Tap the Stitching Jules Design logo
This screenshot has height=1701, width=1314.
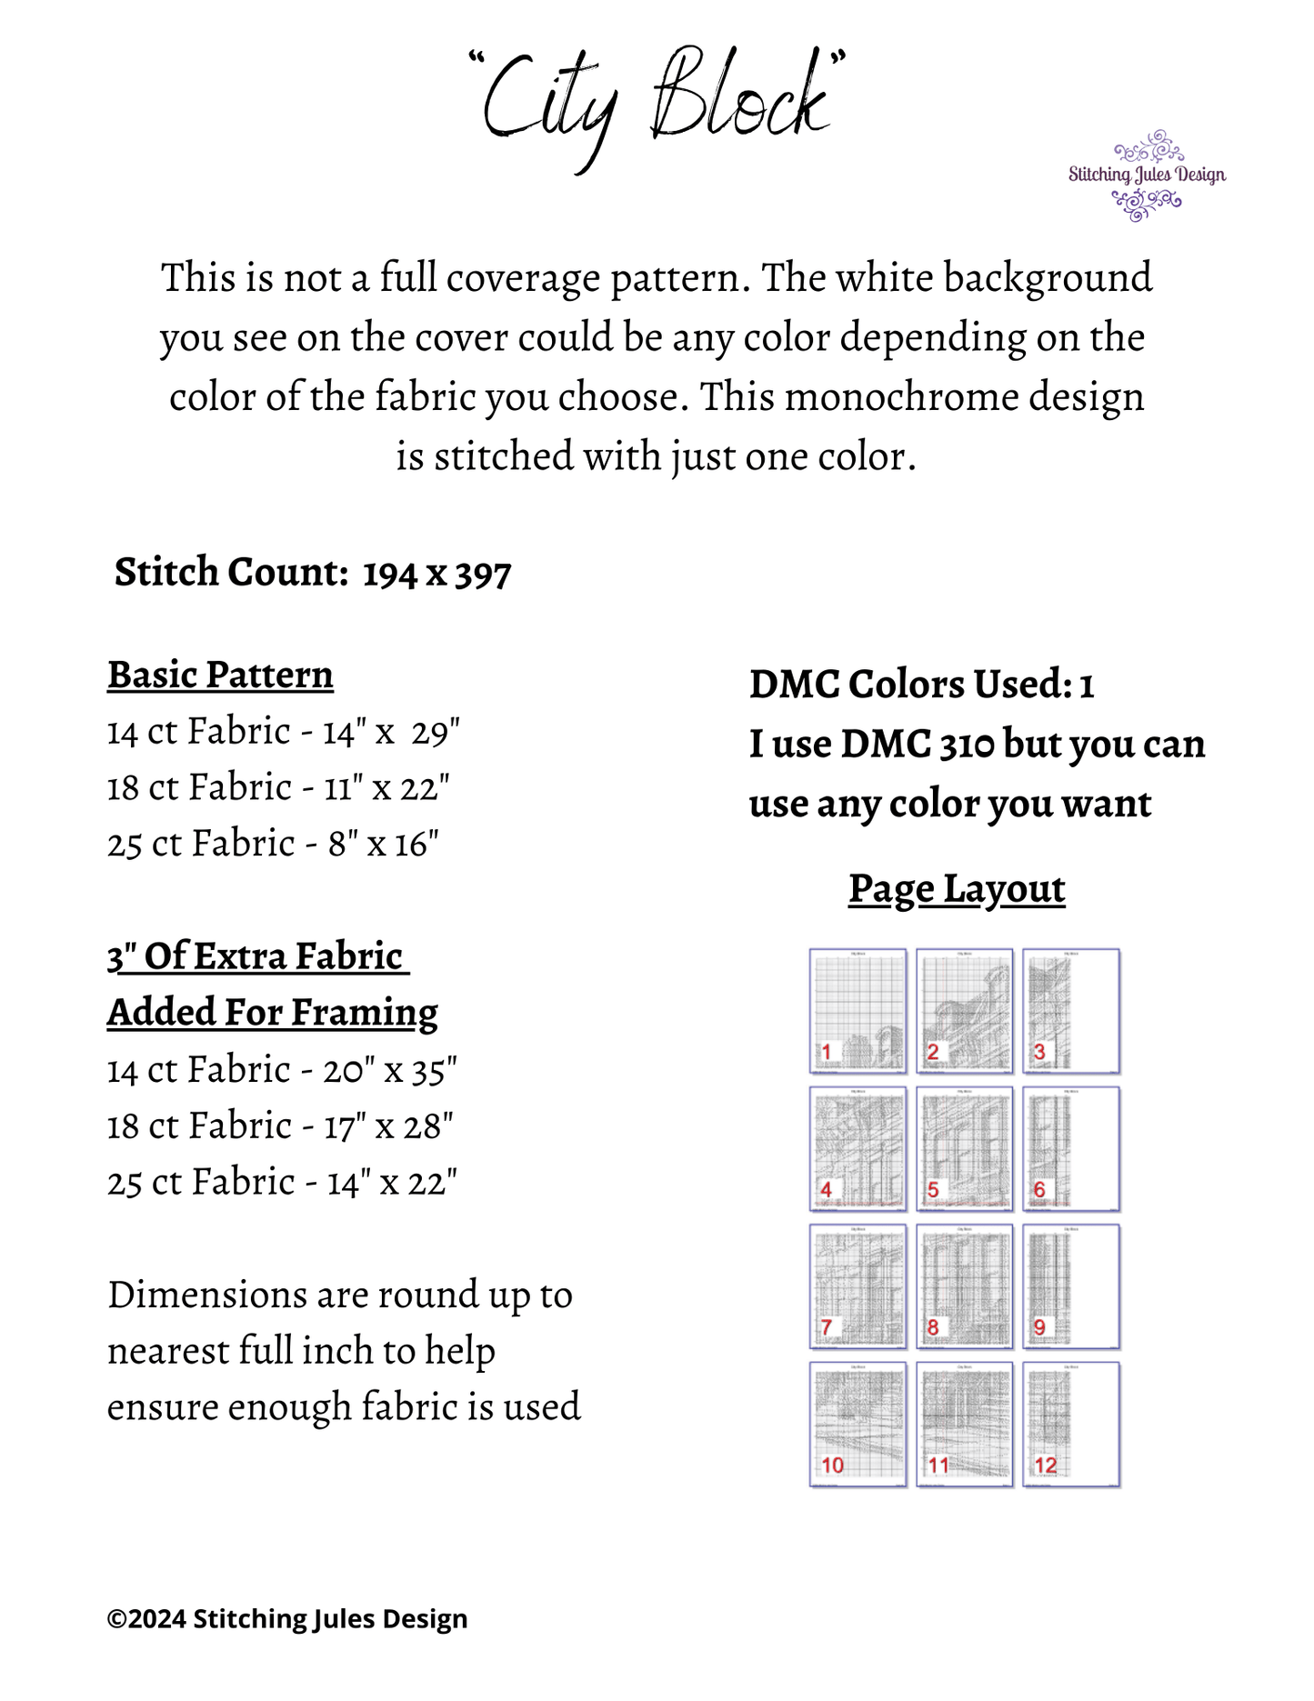[1147, 175]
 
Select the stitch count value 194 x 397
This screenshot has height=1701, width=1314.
[436, 574]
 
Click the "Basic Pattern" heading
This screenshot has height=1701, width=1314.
[220, 675]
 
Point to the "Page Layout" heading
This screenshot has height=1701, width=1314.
[957, 889]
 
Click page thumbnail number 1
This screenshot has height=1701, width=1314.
[858, 1011]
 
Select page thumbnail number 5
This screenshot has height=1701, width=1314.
[964, 1149]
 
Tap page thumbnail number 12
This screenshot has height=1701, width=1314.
[1071, 1425]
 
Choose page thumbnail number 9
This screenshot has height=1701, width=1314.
[1071, 1286]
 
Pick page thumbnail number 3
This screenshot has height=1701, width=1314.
[1071, 1011]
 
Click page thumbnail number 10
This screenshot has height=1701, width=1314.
[858, 1425]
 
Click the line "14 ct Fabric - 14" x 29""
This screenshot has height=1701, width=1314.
[284, 732]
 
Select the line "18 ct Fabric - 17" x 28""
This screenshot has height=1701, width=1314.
[280, 1127]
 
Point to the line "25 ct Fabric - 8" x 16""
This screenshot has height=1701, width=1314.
[273, 845]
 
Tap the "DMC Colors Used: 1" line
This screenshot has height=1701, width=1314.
[921, 685]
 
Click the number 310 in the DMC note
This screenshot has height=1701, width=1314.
[967, 745]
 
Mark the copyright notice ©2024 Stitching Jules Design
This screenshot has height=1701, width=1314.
[287, 1618]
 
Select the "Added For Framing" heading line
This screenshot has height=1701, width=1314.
[273, 1013]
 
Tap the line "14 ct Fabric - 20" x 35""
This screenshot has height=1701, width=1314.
[282, 1071]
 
